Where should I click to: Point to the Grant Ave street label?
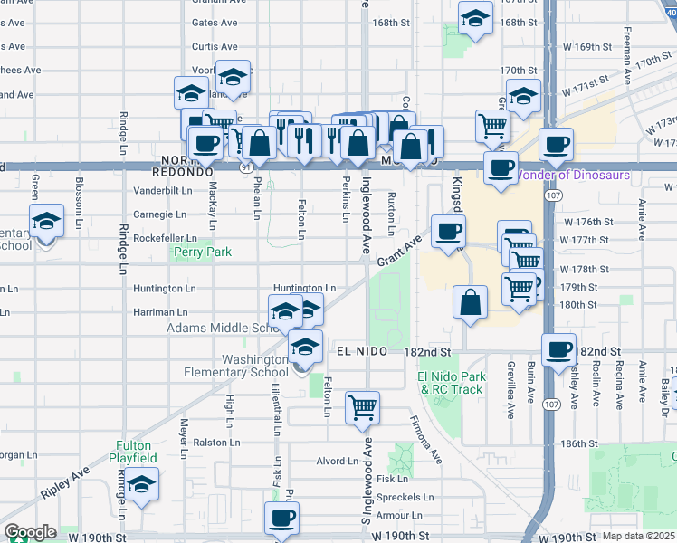click(399, 250)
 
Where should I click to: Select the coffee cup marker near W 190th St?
click(281, 517)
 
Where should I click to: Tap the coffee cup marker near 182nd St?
click(558, 348)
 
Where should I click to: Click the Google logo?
click(30, 532)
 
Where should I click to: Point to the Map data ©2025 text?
click(639, 536)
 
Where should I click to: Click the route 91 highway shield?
click(246, 167)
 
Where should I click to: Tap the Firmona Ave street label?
click(426, 435)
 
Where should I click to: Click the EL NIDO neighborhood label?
click(361, 350)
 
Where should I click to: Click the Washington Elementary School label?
click(236, 366)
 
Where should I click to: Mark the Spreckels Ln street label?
click(403, 497)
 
